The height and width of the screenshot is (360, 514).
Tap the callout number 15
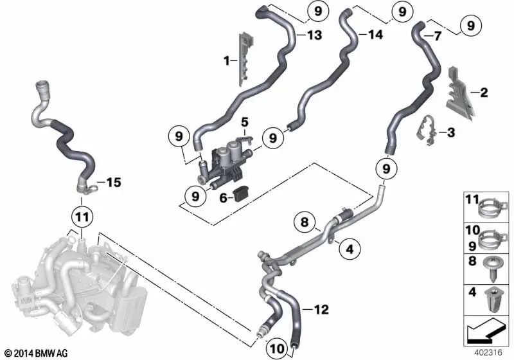pyautogui.click(x=113, y=183)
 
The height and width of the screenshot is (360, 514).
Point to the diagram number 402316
pyautogui.click(x=489, y=352)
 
